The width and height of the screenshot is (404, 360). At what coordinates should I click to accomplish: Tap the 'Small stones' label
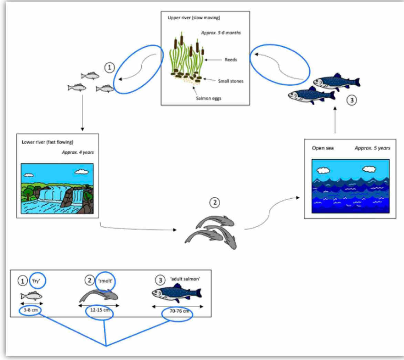click(x=230, y=81)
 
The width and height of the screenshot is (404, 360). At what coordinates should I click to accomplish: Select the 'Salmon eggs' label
click(x=209, y=98)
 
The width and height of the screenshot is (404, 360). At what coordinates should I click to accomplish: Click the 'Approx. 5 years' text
click(x=372, y=148)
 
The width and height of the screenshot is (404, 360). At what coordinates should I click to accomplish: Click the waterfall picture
click(x=57, y=189)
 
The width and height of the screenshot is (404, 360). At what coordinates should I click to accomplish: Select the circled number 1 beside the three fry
click(x=110, y=68)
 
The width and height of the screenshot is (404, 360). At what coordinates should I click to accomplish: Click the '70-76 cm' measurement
click(x=177, y=311)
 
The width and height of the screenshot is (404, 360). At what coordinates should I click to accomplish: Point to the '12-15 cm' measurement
click(x=99, y=310)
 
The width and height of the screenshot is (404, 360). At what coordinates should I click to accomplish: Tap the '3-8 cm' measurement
click(x=31, y=310)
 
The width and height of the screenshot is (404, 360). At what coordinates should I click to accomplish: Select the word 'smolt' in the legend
click(x=105, y=280)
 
